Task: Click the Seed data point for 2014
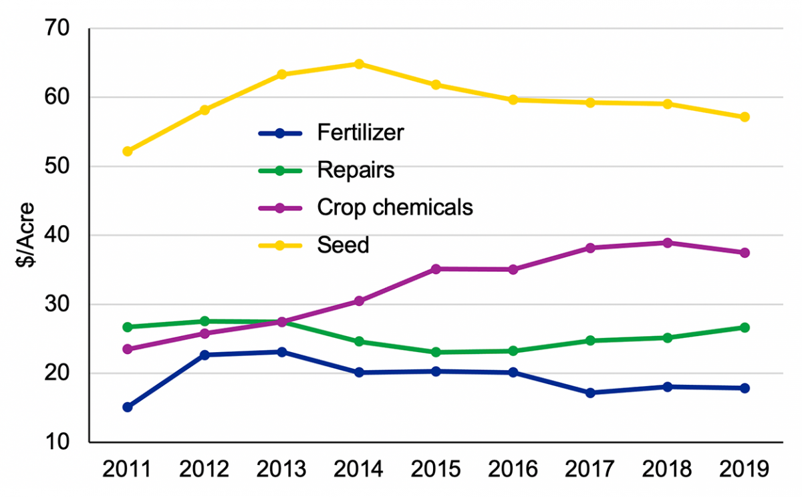pyautogui.click(x=359, y=64)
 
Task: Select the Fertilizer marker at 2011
pyautogui.click(x=128, y=407)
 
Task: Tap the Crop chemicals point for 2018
pyautogui.click(x=667, y=242)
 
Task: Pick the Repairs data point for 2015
pyautogui.click(x=436, y=352)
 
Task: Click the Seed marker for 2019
pyautogui.click(x=744, y=117)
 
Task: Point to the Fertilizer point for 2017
pyautogui.click(x=590, y=393)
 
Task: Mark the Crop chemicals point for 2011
pyautogui.click(x=128, y=349)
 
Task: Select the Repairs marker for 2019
pyautogui.click(x=744, y=327)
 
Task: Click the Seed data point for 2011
pyautogui.click(x=128, y=151)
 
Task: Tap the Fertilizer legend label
pyautogui.click(x=360, y=133)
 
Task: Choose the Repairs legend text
pyautogui.click(x=356, y=170)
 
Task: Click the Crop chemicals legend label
pyautogui.click(x=395, y=208)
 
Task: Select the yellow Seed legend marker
pyautogui.click(x=280, y=245)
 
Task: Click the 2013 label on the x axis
pyautogui.click(x=281, y=470)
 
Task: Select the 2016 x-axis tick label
pyautogui.click(x=513, y=470)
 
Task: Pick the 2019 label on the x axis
pyautogui.click(x=744, y=470)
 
